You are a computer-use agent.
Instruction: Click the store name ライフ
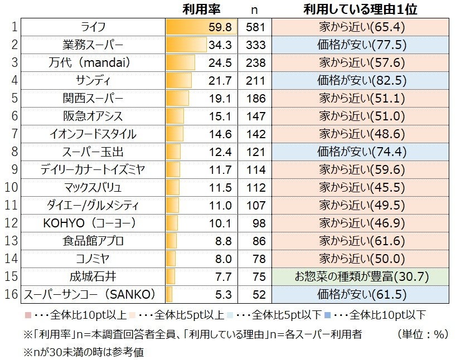point(93,27)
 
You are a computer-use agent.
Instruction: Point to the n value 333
point(256,45)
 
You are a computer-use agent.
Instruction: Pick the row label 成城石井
point(93,276)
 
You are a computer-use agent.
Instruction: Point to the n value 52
point(256,294)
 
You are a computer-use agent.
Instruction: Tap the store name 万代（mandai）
point(93,63)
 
